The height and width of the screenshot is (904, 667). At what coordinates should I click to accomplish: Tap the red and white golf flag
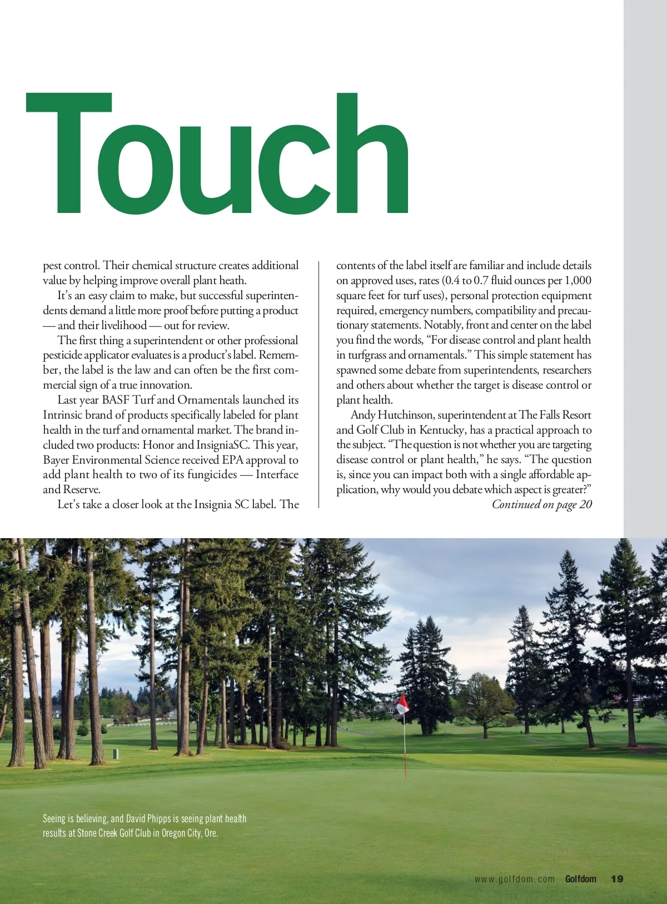click(402, 704)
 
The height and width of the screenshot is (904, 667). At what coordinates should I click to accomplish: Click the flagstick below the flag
click(405, 745)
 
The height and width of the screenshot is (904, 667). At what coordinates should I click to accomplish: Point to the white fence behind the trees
click(139, 723)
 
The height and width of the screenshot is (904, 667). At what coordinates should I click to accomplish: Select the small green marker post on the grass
click(116, 754)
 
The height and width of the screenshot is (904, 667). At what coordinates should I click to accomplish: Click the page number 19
click(617, 879)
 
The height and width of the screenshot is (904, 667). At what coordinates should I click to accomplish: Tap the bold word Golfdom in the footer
click(580, 879)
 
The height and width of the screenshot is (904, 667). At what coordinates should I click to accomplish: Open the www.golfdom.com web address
click(514, 879)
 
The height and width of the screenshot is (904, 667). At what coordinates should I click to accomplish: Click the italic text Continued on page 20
click(542, 504)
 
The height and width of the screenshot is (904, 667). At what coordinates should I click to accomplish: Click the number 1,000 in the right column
click(578, 280)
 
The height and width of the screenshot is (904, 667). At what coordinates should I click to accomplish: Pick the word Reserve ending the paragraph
click(81, 489)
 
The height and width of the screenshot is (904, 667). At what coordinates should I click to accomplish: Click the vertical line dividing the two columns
click(318, 384)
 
